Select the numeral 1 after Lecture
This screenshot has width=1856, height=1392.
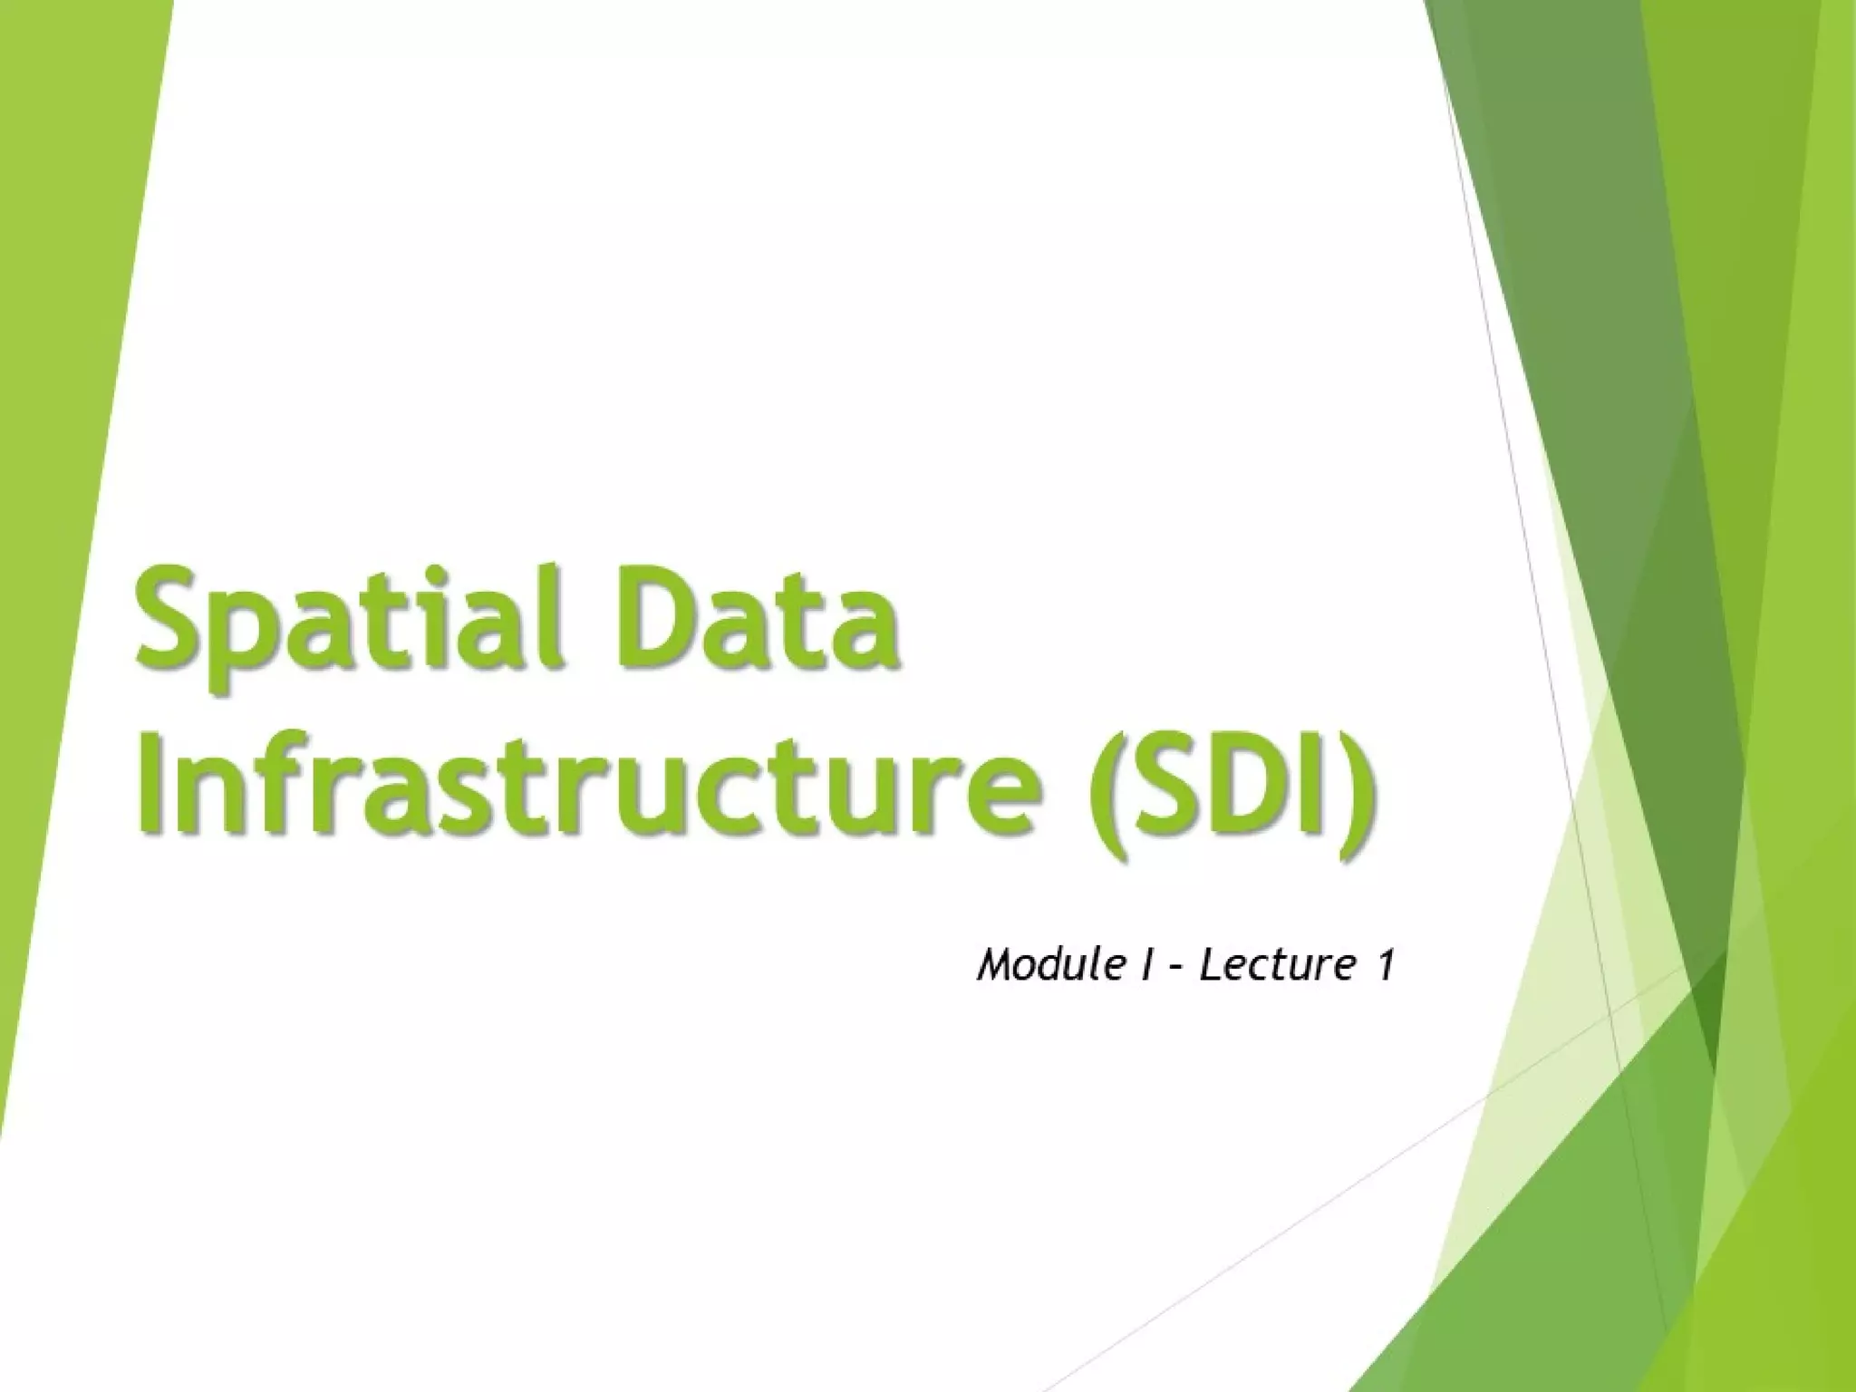pyautogui.click(x=1383, y=965)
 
